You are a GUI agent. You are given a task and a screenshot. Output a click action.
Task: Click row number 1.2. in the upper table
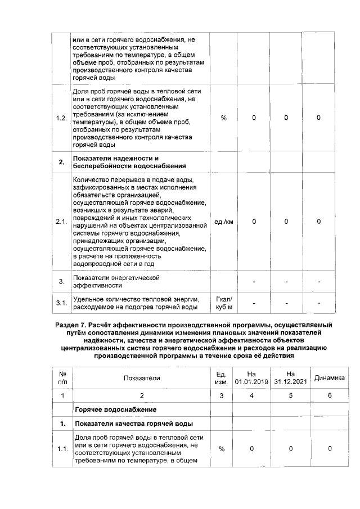click(61, 118)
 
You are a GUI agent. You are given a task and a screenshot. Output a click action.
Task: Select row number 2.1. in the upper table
click(61, 222)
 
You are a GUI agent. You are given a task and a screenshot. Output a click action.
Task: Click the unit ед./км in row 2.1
click(224, 222)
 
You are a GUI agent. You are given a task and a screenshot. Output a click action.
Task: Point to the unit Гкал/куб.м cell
click(224, 303)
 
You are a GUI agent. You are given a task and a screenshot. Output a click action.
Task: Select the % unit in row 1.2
click(224, 118)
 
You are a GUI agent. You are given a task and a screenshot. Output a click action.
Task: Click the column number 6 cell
click(329, 395)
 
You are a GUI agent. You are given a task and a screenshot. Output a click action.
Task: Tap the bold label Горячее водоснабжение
click(115, 409)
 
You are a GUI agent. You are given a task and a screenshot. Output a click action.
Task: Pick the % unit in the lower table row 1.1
click(221, 448)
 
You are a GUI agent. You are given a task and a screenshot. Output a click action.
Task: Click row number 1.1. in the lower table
click(61, 448)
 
